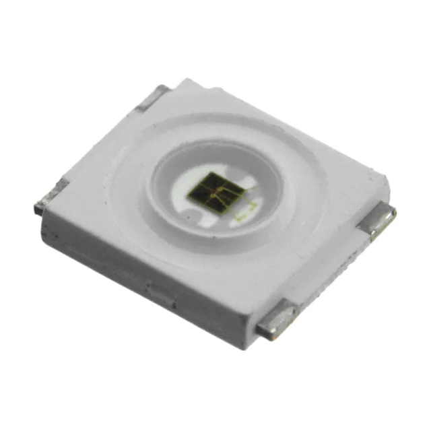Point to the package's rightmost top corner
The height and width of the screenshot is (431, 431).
[384, 176]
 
